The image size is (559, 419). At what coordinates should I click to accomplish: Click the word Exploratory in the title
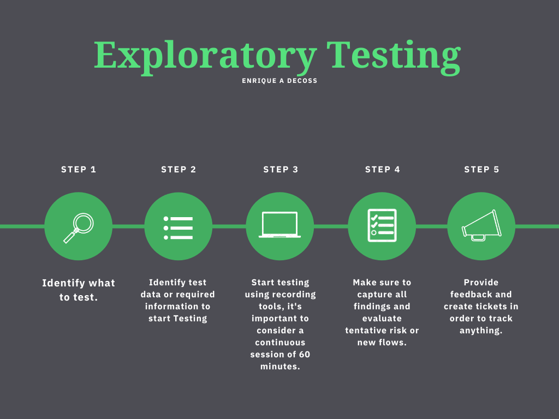pyautogui.click(x=205, y=56)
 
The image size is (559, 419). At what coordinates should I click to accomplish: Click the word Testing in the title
pyautogui.click(x=394, y=56)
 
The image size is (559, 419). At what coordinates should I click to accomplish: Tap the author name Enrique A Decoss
pyautogui.click(x=279, y=81)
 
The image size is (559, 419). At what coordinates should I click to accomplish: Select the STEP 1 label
pyautogui.click(x=79, y=170)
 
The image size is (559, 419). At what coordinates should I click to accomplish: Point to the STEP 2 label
pyautogui.click(x=179, y=170)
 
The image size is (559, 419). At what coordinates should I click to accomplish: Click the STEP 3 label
pyautogui.click(x=281, y=170)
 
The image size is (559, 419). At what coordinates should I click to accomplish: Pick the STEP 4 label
pyautogui.click(x=382, y=170)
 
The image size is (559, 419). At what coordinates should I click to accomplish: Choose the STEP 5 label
pyautogui.click(x=481, y=170)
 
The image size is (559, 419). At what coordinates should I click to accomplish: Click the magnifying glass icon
pyautogui.click(x=79, y=226)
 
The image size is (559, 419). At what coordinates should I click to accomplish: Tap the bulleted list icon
pyautogui.click(x=179, y=227)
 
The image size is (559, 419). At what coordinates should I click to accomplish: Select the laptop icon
pyautogui.click(x=280, y=225)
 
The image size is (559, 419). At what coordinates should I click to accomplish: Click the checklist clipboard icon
pyautogui.click(x=382, y=225)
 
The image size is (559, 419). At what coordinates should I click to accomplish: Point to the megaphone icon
pyautogui.click(x=481, y=226)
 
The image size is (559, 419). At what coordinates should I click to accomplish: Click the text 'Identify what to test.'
pyautogui.click(x=79, y=290)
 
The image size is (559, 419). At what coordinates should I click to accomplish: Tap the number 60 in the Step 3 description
pyautogui.click(x=304, y=355)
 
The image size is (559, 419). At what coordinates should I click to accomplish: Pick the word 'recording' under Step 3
pyautogui.click(x=295, y=295)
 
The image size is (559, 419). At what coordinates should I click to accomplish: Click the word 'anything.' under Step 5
pyautogui.click(x=481, y=331)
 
